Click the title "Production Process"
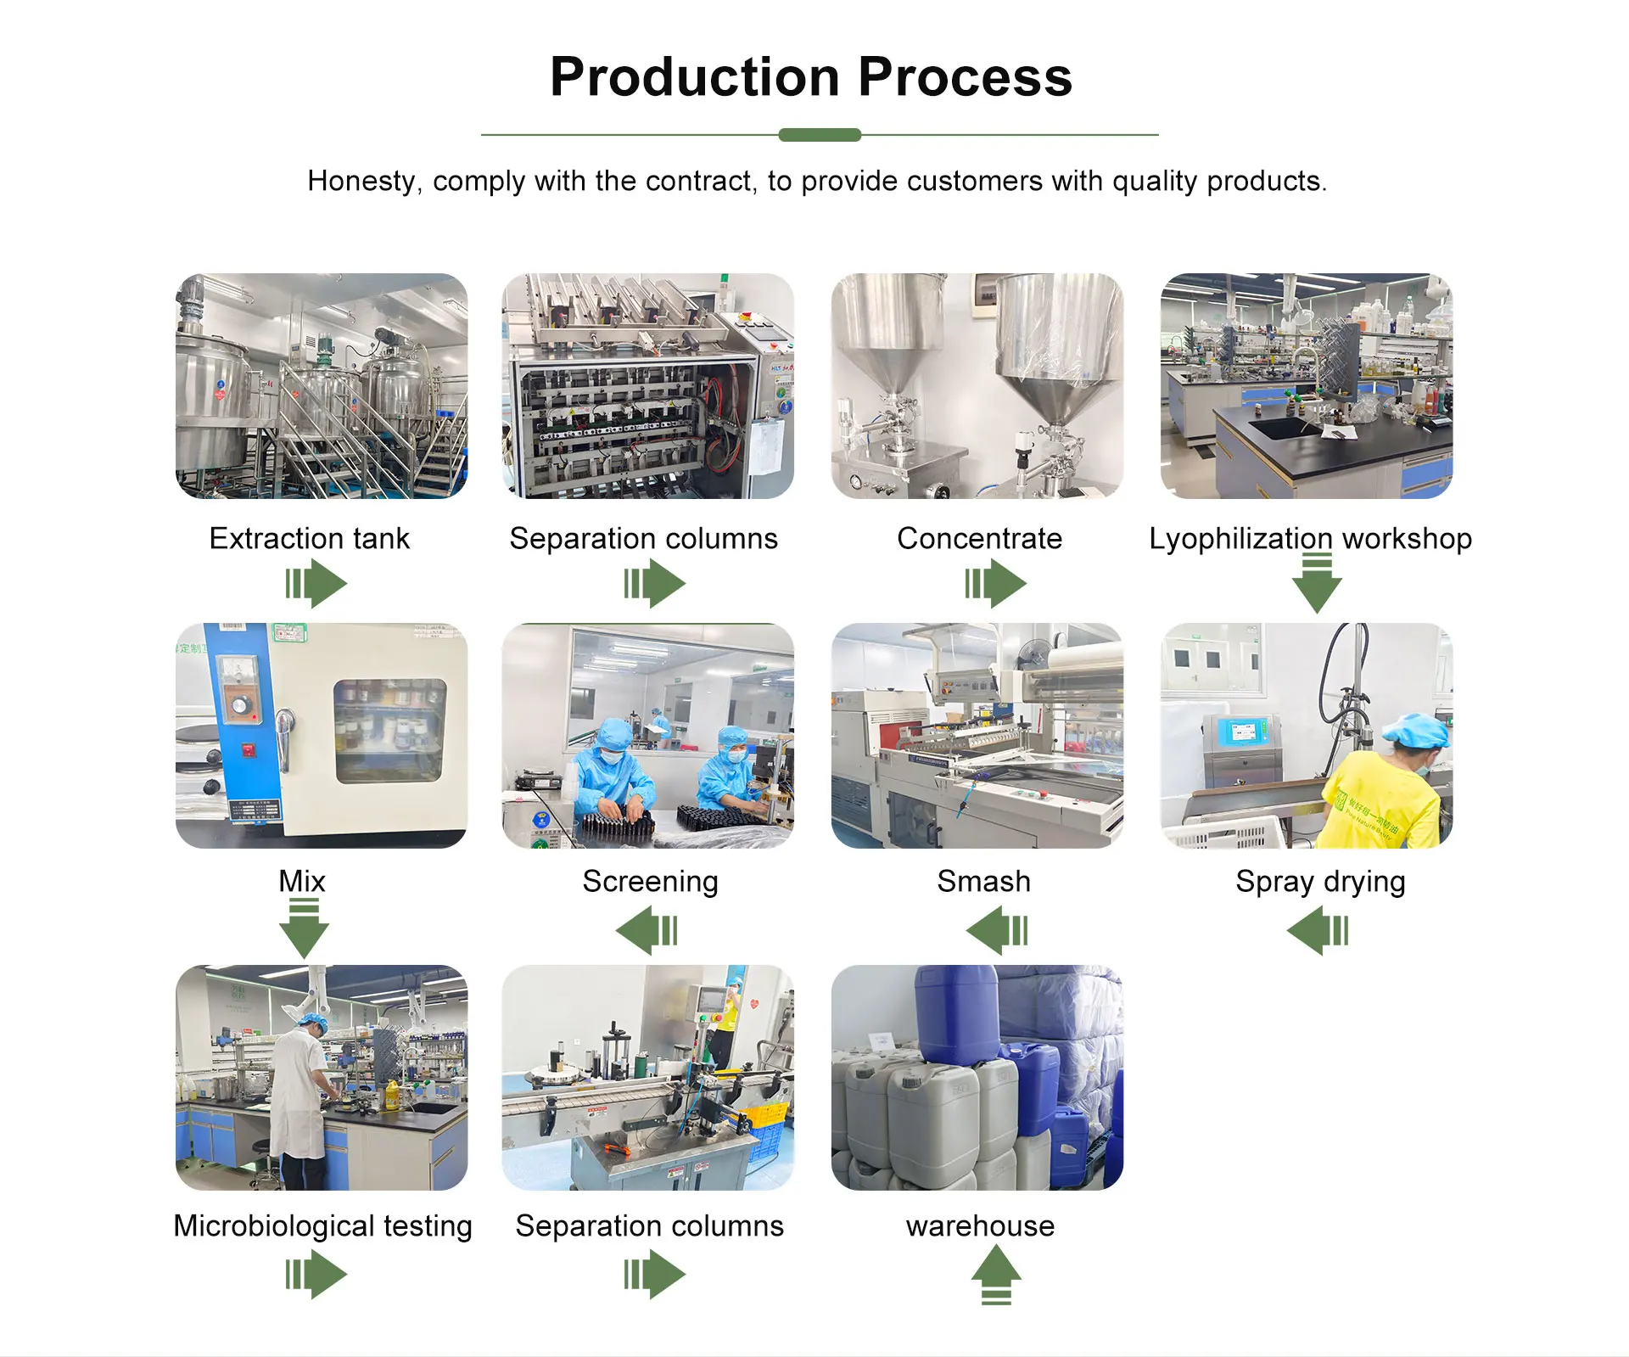(811, 77)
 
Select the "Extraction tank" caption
(309, 538)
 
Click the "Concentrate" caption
(979, 538)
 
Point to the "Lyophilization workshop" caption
(1310, 538)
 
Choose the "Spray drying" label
(1320, 881)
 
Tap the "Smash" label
(983, 881)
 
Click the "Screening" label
(650, 881)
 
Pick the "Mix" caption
(302, 881)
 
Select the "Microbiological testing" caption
(322, 1225)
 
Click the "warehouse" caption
(980, 1225)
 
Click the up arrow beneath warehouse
(996, 1274)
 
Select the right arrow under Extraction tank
(316, 584)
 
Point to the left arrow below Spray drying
(1318, 930)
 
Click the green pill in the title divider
(820, 135)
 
